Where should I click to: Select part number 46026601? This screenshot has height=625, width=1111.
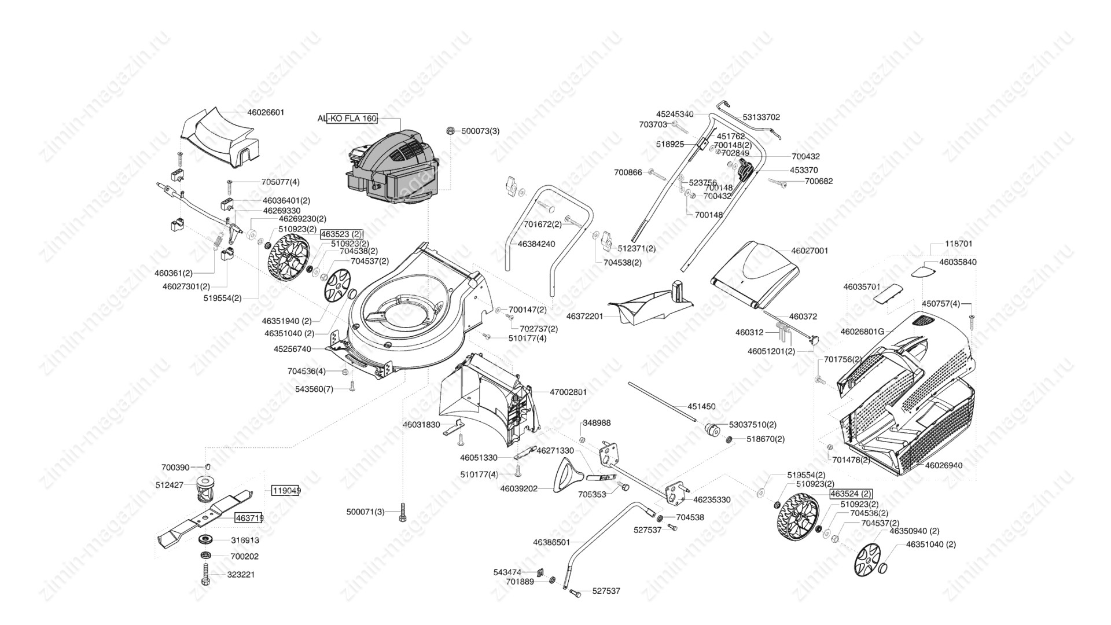[266, 112]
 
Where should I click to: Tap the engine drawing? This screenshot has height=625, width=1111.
[392, 168]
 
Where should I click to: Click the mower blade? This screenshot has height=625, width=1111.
[205, 517]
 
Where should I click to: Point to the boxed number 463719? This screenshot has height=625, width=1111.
[249, 518]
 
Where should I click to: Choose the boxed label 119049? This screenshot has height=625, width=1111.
[286, 490]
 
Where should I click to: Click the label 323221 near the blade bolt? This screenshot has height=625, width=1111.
[243, 575]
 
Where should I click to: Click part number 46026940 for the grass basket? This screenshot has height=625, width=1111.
[944, 465]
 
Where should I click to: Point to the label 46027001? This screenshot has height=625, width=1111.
[810, 251]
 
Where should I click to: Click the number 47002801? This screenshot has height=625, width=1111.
[568, 392]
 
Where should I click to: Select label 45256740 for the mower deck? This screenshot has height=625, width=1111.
[292, 349]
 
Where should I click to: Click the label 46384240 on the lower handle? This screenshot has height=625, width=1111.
[536, 244]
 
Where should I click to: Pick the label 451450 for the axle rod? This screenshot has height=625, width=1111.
[701, 406]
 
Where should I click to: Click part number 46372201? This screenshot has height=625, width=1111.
[584, 317]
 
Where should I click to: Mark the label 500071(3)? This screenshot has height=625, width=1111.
[365, 512]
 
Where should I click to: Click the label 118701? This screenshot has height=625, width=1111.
[959, 244]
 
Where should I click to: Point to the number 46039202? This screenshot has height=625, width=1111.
[518, 488]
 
